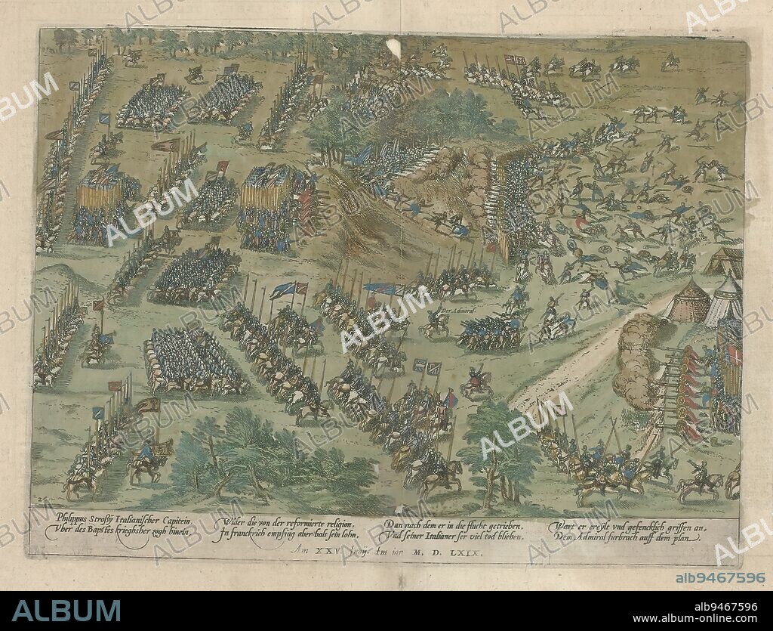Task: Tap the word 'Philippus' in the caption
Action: tap(74, 518)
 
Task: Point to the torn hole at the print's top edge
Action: tap(393, 48)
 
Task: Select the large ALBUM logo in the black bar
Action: tap(66, 611)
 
